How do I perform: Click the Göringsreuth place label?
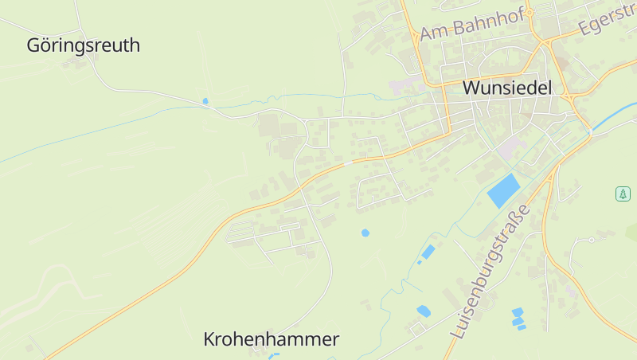(x=83, y=45)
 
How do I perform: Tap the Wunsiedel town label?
(x=507, y=88)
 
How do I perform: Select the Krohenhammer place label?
(x=271, y=339)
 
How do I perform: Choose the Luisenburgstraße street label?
(x=488, y=272)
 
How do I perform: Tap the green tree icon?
(x=623, y=194)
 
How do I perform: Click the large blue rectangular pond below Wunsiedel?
(x=503, y=191)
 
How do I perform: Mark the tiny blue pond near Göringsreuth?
(x=205, y=101)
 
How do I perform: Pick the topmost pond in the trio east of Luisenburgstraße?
(x=518, y=311)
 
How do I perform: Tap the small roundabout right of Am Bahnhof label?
(x=546, y=40)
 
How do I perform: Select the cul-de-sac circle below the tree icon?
(x=592, y=240)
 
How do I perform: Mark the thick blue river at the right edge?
(x=613, y=116)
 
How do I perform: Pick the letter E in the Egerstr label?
(x=586, y=27)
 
